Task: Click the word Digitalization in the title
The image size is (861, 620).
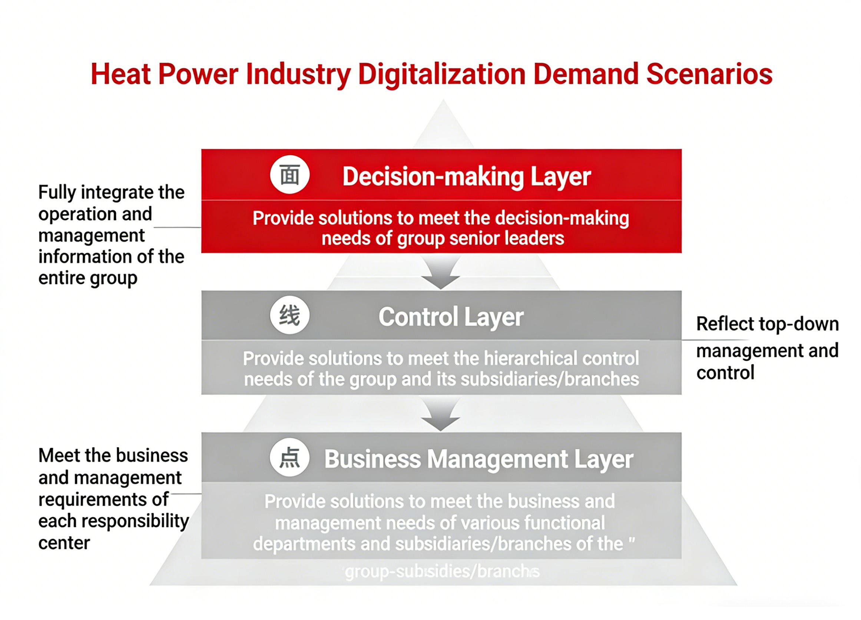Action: click(x=441, y=74)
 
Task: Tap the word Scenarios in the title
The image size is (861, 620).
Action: click(x=709, y=74)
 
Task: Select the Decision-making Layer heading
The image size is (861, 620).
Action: click(x=466, y=176)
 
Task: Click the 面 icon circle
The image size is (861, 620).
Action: click(x=290, y=175)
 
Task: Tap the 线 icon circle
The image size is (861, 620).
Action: click(x=290, y=315)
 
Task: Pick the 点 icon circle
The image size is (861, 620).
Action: click(x=290, y=457)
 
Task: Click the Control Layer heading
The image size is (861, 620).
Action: click(x=451, y=317)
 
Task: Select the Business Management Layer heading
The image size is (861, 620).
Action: click(x=478, y=459)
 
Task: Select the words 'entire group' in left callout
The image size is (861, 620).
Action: click(x=88, y=278)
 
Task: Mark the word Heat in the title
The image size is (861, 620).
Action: click(x=120, y=74)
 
